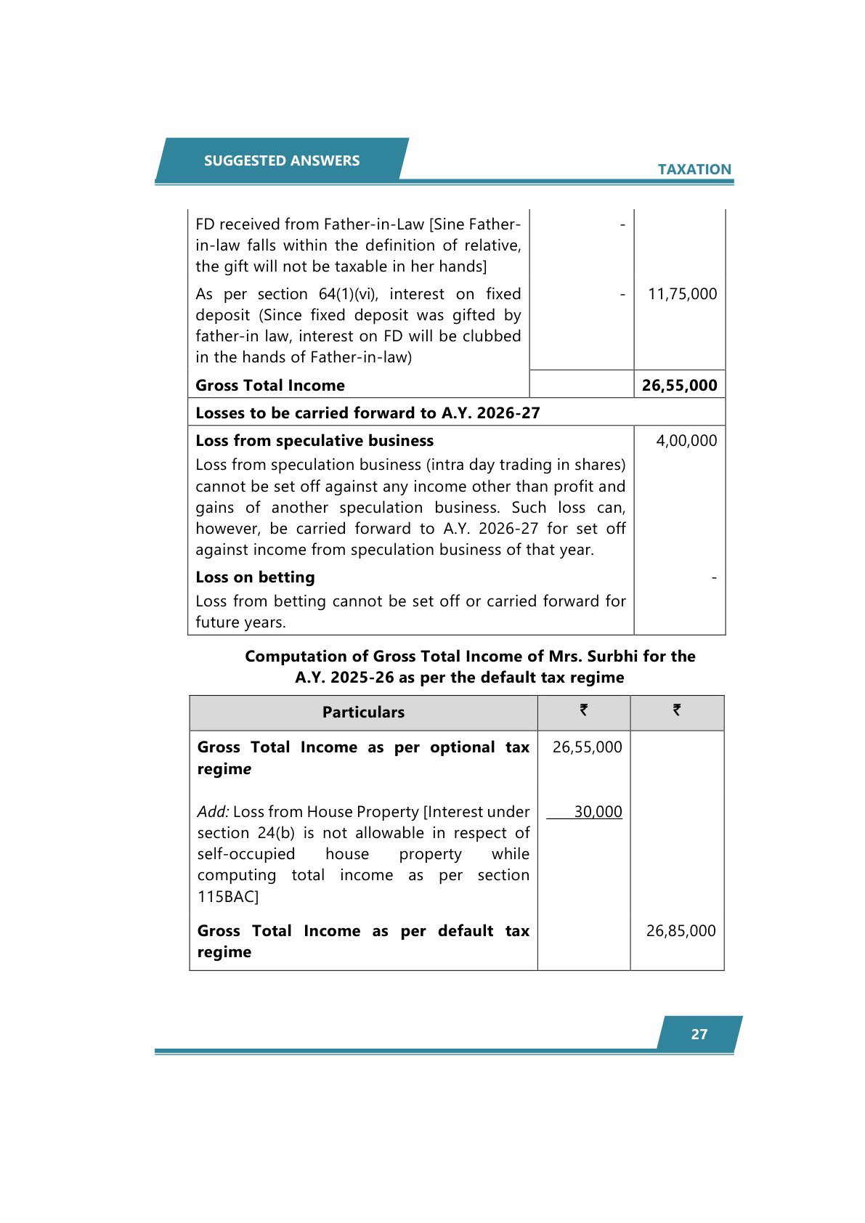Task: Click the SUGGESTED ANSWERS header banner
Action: pyautogui.click(x=282, y=161)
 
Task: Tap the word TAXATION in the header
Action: pyautogui.click(x=694, y=169)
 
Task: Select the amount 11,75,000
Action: pyautogui.click(x=682, y=294)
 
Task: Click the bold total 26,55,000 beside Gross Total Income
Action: pyautogui.click(x=679, y=386)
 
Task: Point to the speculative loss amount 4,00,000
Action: pyautogui.click(x=686, y=441)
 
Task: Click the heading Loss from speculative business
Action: pyautogui.click(x=314, y=441)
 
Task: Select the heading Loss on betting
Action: pyautogui.click(x=255, y=577)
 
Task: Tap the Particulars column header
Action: pyautogui.click(x=363, y=712)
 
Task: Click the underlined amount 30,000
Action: pyautogui.click(x=598, y=812)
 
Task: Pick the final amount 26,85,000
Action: pyautogui.click(x=681, y=931)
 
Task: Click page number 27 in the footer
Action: pyautogui.click(x=699, y=1034)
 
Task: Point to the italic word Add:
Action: pyautogui.click(x=213, y=812)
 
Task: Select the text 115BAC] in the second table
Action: pyautogui.click(x=228, y=897)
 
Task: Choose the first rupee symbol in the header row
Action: pyautogui.click(x=583, y=710)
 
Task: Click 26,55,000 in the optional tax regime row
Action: pyautogui.click(x=587, y=747)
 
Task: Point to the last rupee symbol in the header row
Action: pyautogui.click(x=676, y=710)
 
